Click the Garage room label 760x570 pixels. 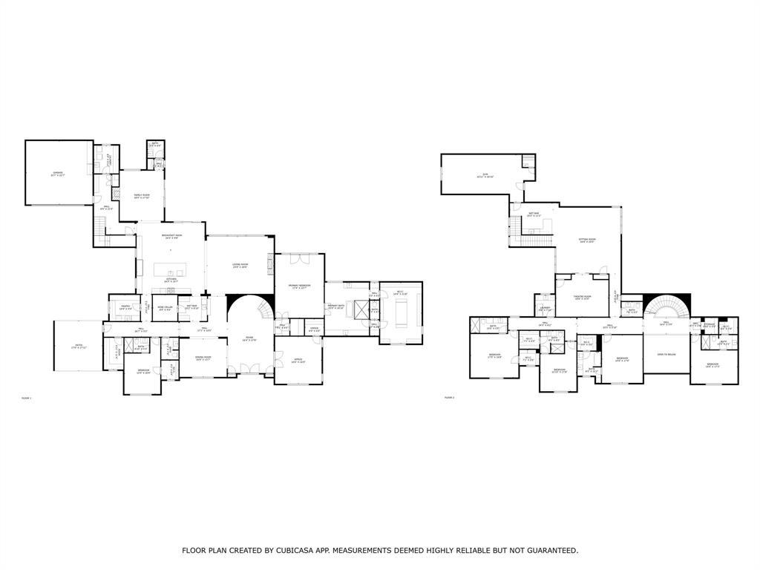57,174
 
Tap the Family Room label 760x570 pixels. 141,195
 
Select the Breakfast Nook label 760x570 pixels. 171,236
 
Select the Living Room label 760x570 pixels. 240,265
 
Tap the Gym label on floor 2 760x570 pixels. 483,176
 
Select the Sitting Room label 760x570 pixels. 587,240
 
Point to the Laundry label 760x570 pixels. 545,308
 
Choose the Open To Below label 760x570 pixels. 666,355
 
